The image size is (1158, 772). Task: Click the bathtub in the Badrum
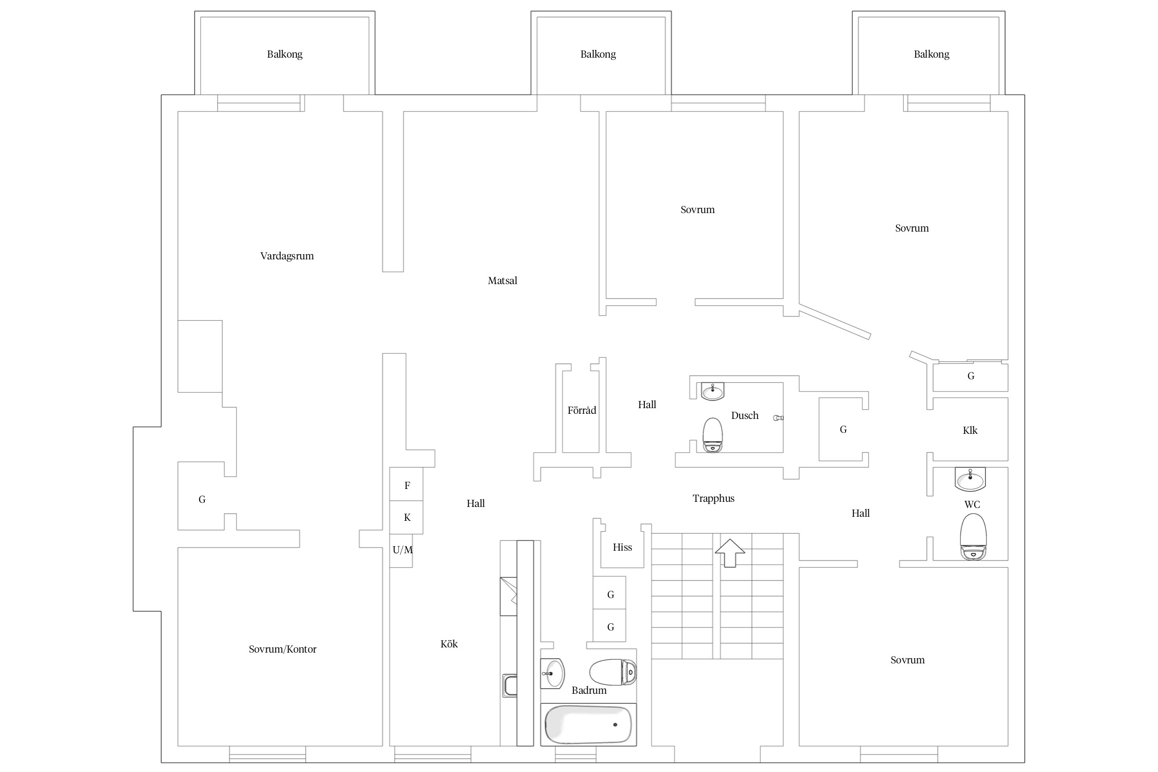pos(588,725)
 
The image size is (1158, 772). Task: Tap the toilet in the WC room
pos(973,536)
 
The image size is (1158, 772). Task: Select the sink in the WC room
pos(970,479)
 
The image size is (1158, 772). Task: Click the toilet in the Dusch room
pos(713,435)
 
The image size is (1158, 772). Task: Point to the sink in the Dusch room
pos(712,391)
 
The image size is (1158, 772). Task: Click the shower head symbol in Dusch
pos(778,418)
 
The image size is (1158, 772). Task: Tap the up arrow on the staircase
pos(730,553)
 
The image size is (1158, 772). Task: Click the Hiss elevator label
pos(622,547)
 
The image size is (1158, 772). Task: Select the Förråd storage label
pos(582,410)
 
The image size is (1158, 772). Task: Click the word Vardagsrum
pos(287,256)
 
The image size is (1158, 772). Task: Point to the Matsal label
pos(502,280)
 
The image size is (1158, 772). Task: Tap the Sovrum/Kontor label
pos(283,649)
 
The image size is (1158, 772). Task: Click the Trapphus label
pos(713,498)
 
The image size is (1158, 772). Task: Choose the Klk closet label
pos(970,430)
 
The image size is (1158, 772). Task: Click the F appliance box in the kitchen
pos(406,484)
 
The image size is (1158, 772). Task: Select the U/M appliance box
pos(401,551)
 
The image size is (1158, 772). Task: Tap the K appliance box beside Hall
pos(406,517)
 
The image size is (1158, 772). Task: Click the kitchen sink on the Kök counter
pos(510,686)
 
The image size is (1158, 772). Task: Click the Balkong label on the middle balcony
pos(598,54)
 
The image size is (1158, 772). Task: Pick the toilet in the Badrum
pos(613,672)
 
